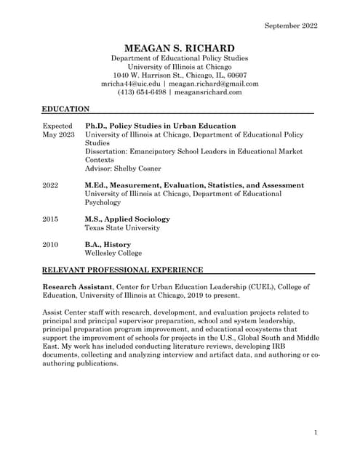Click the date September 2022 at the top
(291, 26)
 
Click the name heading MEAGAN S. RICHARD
(180, 47)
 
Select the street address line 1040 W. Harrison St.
(180, 75)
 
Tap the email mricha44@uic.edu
(130, 84)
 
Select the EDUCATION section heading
(65, 109)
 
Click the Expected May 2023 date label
(58, 130)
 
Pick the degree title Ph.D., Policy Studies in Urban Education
(160, 126)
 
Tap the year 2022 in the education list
(50, 185)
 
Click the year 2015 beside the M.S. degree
(50, 219)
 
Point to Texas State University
(122, 227)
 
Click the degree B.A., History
(108, 245)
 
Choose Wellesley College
(113, 254)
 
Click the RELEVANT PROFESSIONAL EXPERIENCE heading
(123, 270)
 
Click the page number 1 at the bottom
(316, 433)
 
